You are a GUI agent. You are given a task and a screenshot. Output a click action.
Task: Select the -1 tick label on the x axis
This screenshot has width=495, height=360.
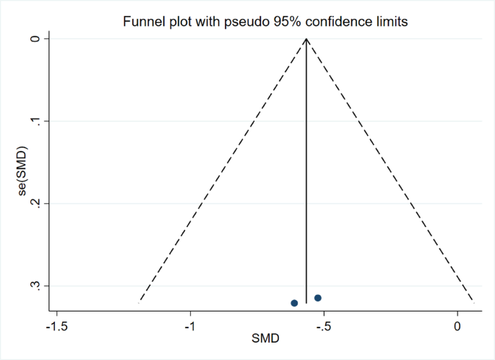190,326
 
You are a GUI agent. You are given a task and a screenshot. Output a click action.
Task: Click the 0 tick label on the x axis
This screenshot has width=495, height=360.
457,326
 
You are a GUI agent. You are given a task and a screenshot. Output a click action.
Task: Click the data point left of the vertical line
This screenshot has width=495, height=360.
294,303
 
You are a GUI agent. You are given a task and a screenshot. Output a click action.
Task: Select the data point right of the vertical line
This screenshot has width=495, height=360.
318,298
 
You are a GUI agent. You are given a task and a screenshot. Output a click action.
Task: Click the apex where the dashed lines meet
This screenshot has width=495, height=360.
306,38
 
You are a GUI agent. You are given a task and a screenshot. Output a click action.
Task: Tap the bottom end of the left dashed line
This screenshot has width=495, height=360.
139,301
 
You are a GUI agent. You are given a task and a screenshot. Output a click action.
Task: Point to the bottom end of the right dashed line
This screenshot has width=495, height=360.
473,301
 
